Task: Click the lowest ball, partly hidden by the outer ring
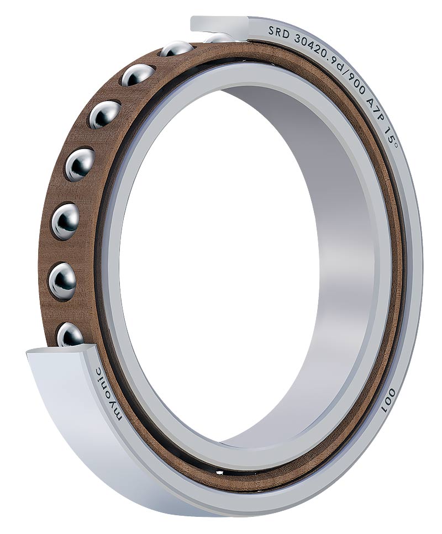point(71,335)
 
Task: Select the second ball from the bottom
point(62,280)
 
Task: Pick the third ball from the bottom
point(65,221)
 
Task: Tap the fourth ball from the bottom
point(80,164)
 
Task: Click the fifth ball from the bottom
point(104,114)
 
